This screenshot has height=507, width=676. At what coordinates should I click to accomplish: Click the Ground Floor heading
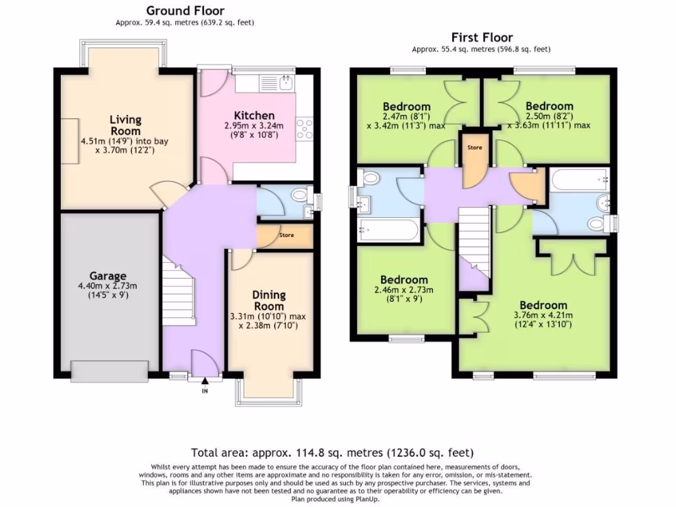click(185, 11)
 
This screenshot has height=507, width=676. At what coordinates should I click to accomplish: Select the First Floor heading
click(482, 38)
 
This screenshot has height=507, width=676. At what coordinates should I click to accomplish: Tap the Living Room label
click(125, 125)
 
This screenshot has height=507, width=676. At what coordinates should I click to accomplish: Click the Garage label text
click(108, 275)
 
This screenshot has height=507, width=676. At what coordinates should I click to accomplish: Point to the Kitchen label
click(254, 115)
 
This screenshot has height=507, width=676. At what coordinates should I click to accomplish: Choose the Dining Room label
click(269, 300)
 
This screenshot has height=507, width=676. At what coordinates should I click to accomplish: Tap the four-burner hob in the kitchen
click(305, 129)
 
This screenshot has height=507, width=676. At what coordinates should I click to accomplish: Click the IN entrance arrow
click(205, 381)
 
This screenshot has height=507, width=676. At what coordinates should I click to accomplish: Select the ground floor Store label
click(287, 235)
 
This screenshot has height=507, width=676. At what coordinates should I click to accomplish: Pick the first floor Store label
click(475, 147)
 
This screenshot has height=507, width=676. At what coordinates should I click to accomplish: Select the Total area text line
click(333, 453)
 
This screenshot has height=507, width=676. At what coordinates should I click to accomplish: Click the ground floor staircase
click(178, 291)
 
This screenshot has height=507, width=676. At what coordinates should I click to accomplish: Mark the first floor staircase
click(474, 242)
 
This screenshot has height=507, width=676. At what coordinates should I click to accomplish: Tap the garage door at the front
click(110, 371)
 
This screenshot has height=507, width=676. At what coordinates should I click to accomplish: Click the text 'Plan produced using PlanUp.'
click(335, 499)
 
